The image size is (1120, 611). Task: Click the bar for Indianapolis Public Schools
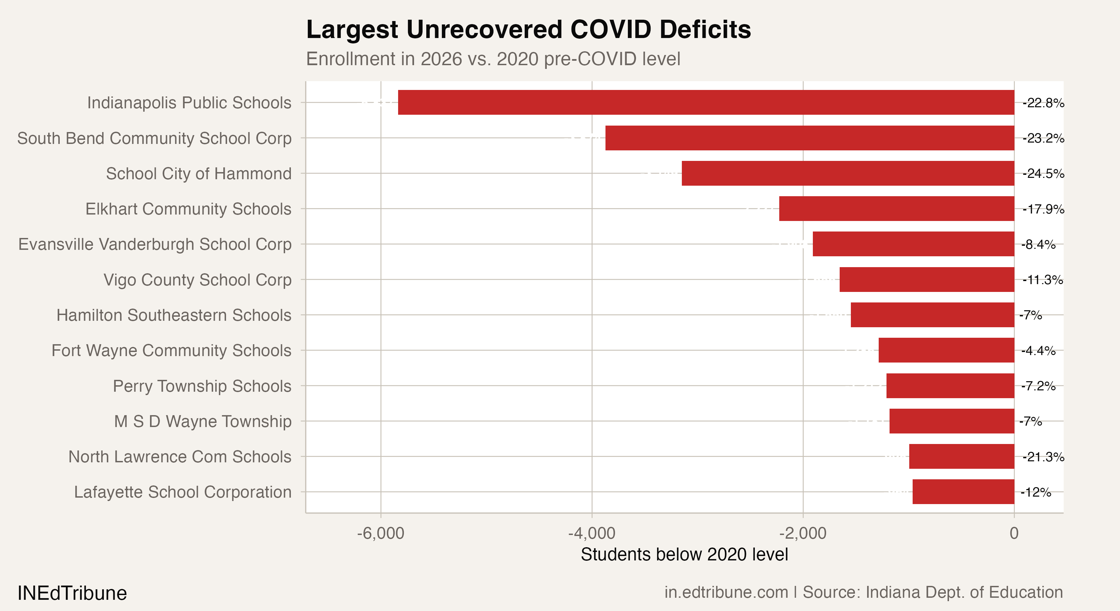coord(706,103)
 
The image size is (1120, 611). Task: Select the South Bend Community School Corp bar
coord(809,138)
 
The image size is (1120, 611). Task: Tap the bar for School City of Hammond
coord(848,173)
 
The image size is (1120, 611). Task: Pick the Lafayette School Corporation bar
coord(963,492)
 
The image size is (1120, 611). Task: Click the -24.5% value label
coord(1043,174)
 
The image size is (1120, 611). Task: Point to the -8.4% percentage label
coord(1038,244)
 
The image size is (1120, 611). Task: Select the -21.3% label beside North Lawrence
coord(1043,457)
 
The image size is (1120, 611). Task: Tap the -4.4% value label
coord(1038,351)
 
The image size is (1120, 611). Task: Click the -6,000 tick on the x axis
coord(380,533)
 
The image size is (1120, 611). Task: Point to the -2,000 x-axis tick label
coord(803,533)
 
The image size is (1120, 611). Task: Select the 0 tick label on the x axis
coord(1014,533)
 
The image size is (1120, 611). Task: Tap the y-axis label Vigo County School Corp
coord(198,280)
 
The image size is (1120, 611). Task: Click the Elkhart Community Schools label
coord(188,209)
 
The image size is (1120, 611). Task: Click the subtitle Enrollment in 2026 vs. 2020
coord(493,59)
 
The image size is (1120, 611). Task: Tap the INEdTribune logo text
coord(72,593)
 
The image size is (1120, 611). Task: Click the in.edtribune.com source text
coord(726,592)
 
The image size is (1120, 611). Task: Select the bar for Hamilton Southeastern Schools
coord(932,315)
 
